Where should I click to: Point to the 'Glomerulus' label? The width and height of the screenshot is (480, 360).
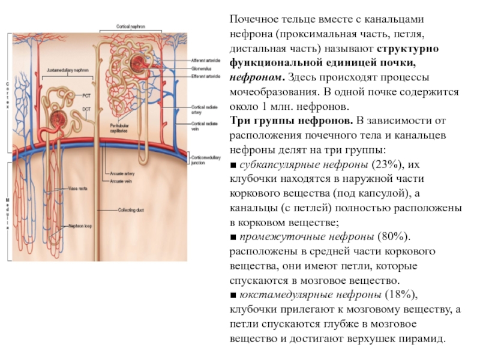[x=203, y=68]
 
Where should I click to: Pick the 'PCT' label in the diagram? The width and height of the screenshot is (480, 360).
[x=86, y=96]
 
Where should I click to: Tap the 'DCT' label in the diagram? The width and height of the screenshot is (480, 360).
[x=86, y=109]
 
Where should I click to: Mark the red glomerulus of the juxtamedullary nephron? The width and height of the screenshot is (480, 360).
[x=59, y=119]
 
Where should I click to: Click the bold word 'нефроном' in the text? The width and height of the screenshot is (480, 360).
[x=257, y=77]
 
